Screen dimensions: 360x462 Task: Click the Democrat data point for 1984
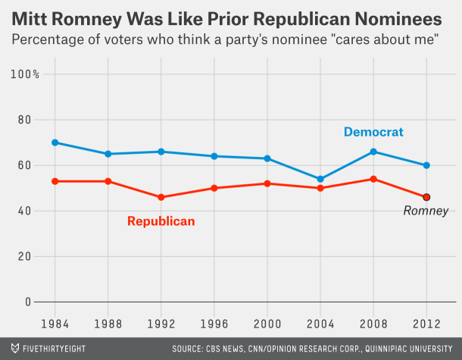click(x=55, y=142)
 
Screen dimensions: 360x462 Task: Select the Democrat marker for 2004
click(x=320, y=180)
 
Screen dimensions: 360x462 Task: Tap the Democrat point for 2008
click(x=373, y=152)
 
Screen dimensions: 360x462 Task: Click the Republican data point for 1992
click(x=161, y=197)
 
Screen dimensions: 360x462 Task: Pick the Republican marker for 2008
click(x=373, y=179)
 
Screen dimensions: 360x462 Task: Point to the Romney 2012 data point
click(x=426, y=197)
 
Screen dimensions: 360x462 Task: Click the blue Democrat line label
click(x=373, y=132)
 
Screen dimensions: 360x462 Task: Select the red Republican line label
click(x=161, y=221)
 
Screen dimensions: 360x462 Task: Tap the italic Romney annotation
click(x=426, y=211)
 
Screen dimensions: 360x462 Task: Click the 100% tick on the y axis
click(x=26, y=74)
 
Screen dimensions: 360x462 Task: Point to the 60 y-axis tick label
click(x=25, y=165)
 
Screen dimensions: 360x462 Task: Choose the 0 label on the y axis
click(x=28, y=302)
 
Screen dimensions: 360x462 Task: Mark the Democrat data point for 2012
click(x=426, y=165)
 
